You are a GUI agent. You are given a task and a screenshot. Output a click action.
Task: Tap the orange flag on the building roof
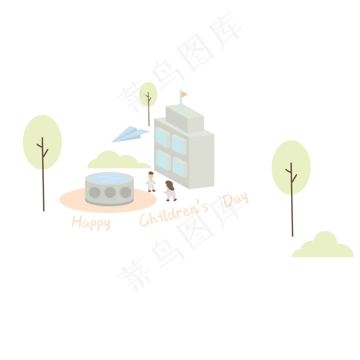184,94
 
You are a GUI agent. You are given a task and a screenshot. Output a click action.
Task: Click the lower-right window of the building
179,166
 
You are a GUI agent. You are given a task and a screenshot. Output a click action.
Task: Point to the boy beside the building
151,182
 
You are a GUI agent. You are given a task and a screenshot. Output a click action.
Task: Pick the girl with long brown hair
170,190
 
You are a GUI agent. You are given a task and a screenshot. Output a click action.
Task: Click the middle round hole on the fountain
110,192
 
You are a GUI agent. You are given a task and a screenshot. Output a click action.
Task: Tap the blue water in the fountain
110,178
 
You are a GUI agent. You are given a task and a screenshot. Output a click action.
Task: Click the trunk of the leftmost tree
43,190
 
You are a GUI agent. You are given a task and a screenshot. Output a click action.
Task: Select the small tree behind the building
149,95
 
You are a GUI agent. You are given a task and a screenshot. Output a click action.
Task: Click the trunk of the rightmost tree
292,216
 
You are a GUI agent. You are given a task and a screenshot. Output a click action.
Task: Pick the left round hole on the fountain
95,192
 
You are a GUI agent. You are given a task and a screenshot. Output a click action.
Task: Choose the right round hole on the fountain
125,192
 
